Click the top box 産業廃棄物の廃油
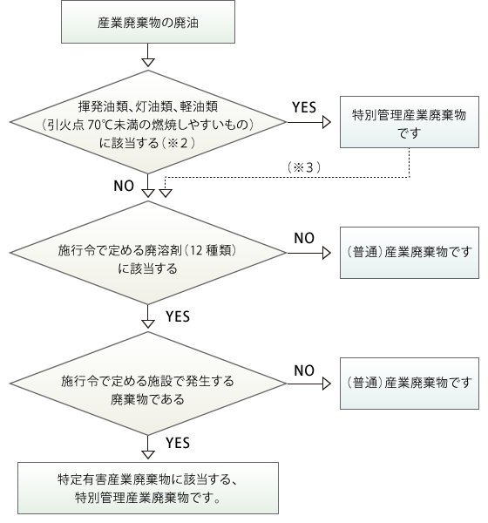click(148, 22)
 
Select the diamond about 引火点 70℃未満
click(148, 122)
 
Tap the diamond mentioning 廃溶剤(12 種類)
click(148, 253)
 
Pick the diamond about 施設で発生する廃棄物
click(148, 384)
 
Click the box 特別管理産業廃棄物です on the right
click(410, 122)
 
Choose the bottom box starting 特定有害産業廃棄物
click(148, 488)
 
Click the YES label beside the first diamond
click(304, 107)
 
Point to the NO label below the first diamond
click(124, 186)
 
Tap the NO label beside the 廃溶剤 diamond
click(304, 238)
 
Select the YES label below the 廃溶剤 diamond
click(178, 316)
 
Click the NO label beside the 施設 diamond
click(304, 370)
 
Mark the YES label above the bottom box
click(178, 443)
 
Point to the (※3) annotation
click(304, 167)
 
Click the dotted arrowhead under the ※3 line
click(166, 194)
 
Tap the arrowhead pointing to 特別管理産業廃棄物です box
click(327, 122)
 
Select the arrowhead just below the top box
click(148, 63)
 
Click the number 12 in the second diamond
click(196, 250)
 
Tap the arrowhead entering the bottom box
click(148, 455)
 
